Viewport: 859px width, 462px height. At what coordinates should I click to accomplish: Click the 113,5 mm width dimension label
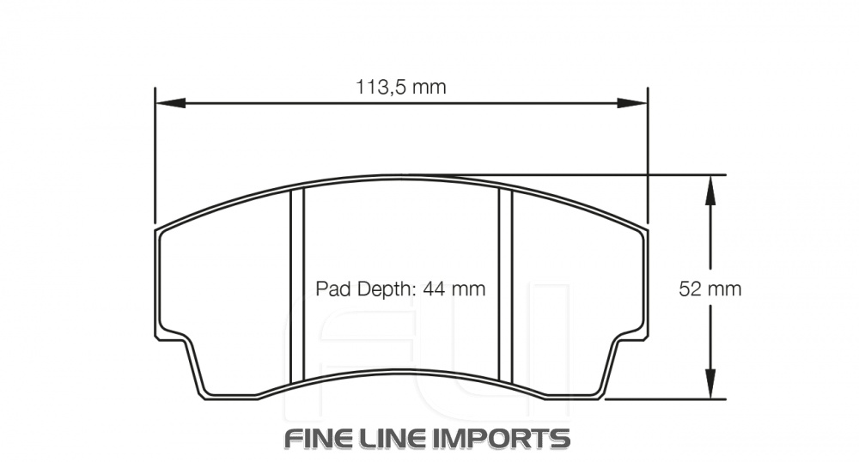401,87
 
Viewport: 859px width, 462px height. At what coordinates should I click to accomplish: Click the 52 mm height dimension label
710,289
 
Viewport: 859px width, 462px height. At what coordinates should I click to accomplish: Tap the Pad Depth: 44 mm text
400,289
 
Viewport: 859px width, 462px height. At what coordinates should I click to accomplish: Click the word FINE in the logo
320,438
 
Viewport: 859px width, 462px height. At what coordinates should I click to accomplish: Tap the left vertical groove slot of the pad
298,283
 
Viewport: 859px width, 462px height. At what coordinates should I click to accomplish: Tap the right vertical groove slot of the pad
506,283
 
